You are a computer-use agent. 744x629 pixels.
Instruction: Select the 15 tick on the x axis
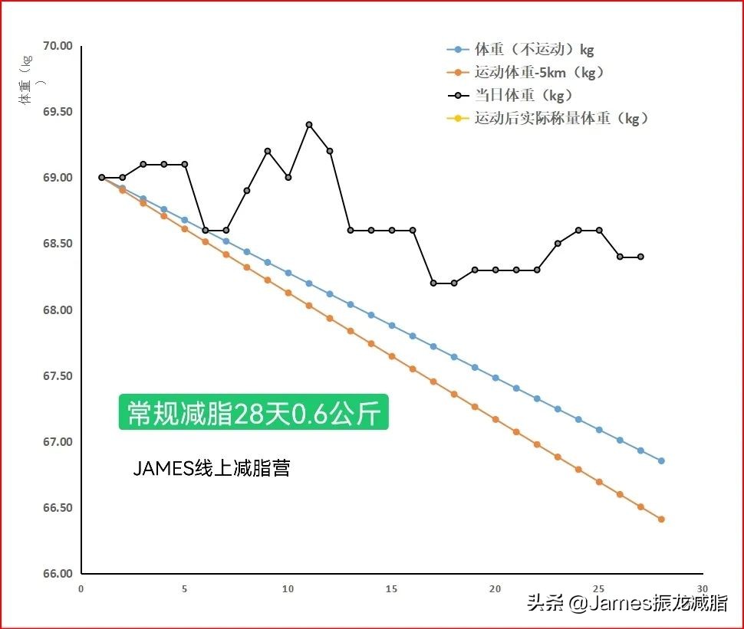point(391,589)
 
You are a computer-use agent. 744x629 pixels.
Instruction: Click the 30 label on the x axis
point(702,589)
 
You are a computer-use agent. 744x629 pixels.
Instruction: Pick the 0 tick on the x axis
point(81,589)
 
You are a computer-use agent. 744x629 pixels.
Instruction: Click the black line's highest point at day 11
point(309,124)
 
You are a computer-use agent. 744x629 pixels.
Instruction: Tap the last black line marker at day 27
point(640,257)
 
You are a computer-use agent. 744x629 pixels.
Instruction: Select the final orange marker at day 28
point(661,519)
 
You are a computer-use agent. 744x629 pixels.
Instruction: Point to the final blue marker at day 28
point(661,460)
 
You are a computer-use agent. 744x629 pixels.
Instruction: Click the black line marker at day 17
point(433,283)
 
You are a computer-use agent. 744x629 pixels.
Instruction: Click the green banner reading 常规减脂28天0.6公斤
point(253,413)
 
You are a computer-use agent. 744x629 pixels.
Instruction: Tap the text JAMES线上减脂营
point(212,469)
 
